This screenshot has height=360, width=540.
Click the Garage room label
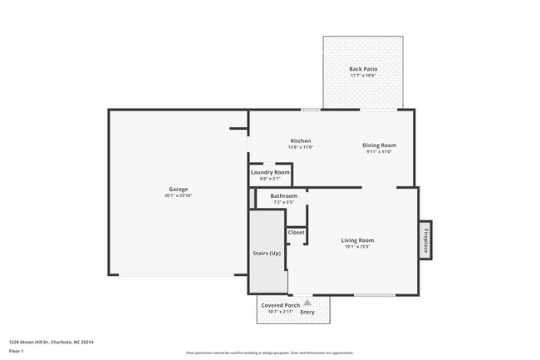tap(179, 189)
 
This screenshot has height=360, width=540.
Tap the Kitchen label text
tap(301, 141)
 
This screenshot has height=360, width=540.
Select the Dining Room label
tap(379, 145)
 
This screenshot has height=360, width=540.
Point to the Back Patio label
tap(363, 69)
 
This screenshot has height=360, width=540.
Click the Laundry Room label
tap(270, 172)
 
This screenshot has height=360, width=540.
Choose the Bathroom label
tap(283, 195)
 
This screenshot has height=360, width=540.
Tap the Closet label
tap(297, 232)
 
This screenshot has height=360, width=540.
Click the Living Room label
tap(356, 240)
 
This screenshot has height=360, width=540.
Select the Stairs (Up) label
tap(266, 252)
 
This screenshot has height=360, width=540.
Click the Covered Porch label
tap(280, 305)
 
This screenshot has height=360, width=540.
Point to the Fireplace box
tap(425, 240)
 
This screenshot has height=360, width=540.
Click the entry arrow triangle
tap(307, 303)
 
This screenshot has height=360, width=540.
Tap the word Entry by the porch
tap(307, 312)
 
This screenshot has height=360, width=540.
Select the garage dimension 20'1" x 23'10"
tap(179, 195)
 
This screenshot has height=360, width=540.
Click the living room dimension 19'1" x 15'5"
tap(356, 246)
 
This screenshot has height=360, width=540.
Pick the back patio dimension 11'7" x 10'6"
tap(363, 76)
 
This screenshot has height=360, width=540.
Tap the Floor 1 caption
tap(17, 352)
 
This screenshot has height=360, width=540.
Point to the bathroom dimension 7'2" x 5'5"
tap(283, 202)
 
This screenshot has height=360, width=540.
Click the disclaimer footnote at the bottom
tap(269, 353)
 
